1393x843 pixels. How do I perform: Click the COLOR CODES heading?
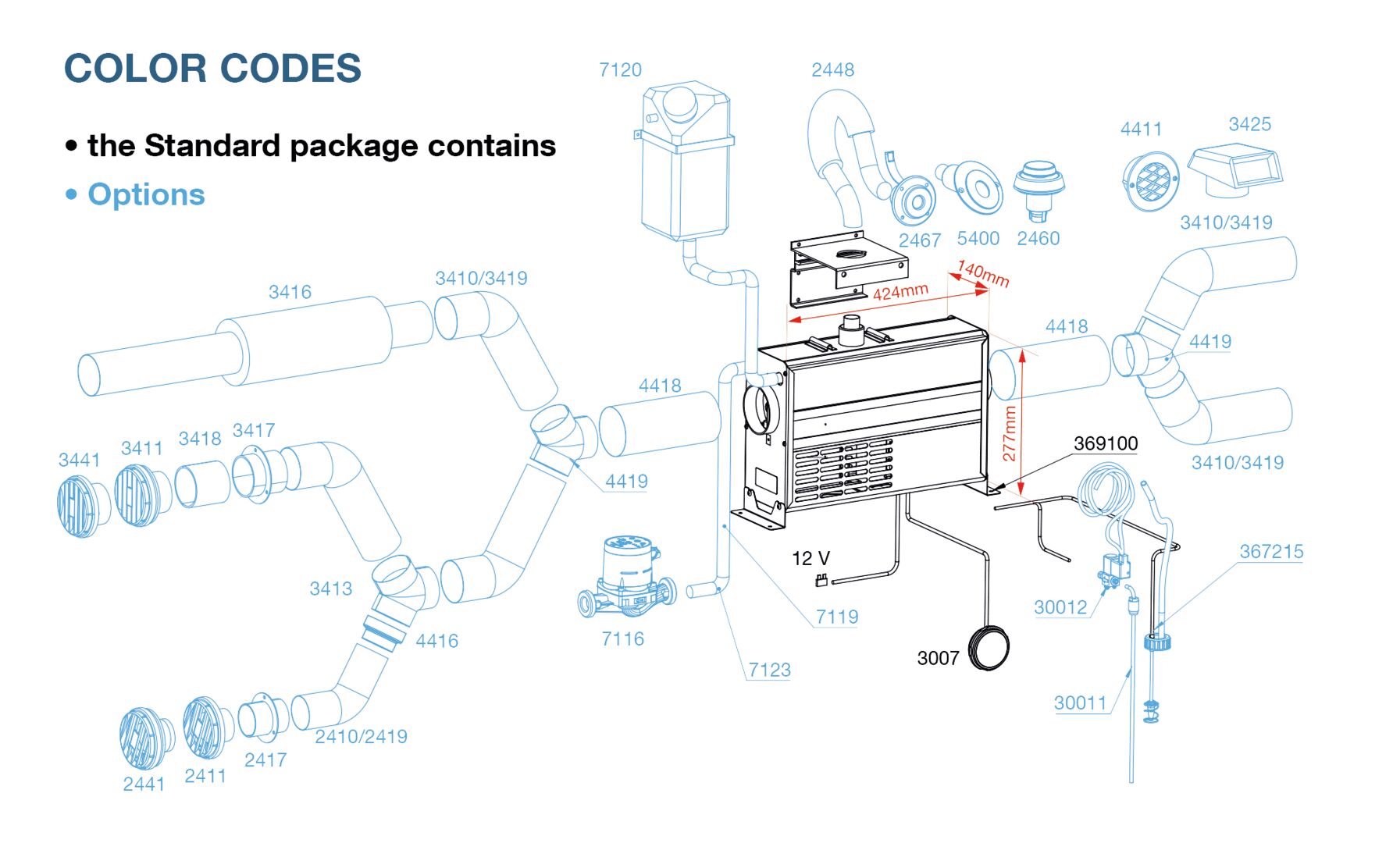tap(212, 69)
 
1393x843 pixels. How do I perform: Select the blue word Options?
tap(146, 194)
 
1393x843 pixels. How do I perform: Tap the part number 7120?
tap(620, 70)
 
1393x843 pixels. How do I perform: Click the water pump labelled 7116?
tap(627, 578)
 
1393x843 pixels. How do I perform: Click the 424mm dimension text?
tap(900, 292)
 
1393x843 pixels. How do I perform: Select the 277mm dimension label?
tap(1009, 433)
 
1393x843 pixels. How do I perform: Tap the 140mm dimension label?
tap(983, 273)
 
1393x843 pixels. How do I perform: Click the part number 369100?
tap(1106, 443)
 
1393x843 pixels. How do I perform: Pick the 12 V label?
tap(811, 558)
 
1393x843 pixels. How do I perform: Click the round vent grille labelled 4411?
tap(1150, 182)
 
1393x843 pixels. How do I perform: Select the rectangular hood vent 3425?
tap(1235, 172)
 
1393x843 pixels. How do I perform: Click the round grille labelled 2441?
tap(144, 738)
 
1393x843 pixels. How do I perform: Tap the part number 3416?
tap(290, 292)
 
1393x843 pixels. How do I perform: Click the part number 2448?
tap(832, 70)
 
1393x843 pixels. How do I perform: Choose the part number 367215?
tap(1271, 552)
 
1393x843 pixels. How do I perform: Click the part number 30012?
tap(1060, 607)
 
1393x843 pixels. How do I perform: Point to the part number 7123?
tap(769, 670)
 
